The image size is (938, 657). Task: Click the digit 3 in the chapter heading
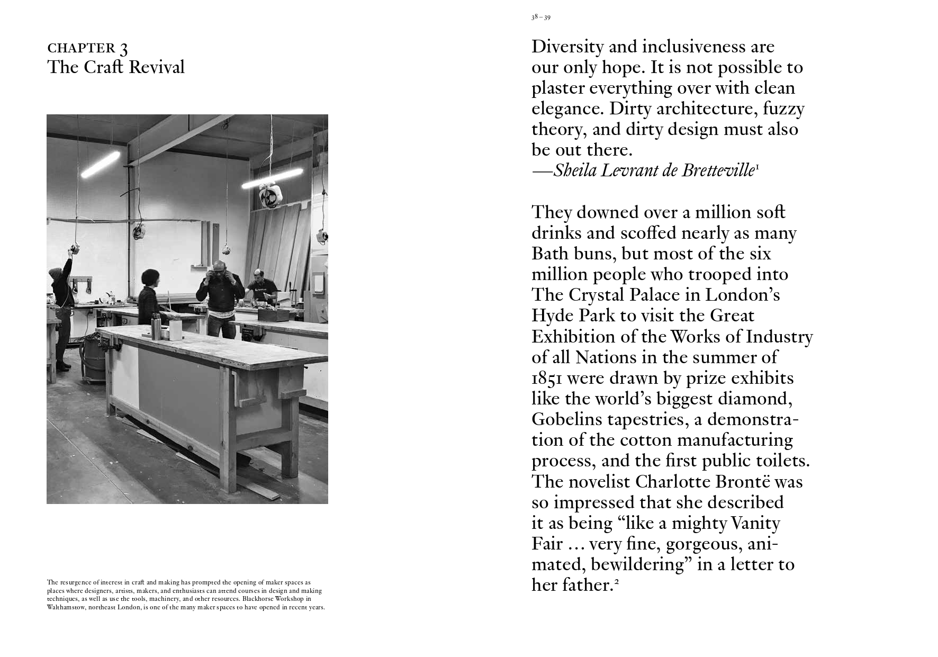point(123,49)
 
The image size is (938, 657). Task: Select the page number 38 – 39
point(540,17)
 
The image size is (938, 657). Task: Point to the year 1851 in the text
point(547,378)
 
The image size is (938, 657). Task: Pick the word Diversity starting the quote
point(567,47)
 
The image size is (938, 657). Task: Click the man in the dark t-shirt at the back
point(260,286)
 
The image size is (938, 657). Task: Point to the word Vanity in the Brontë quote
point(755,524)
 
